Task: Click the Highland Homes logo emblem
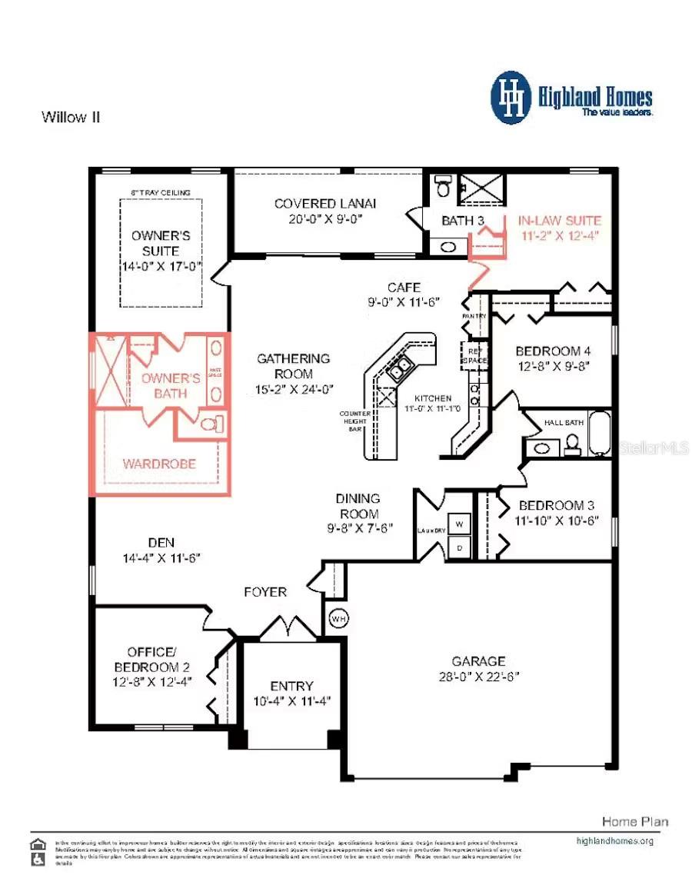coord(511,98)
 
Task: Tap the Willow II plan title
coord(71,118)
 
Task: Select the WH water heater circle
coord(338,617)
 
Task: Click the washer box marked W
coord(459,524)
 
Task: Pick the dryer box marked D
coord(459,547)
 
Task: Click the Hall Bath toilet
coord(572,444)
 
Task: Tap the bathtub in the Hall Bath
coord(600,434)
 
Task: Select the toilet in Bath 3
coord(443,187)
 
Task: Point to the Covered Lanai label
coord(325,204)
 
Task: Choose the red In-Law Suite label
coord(558,220)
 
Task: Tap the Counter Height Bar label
coord(354,421)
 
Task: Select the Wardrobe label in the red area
coord(159,464)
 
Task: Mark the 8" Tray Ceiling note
coord(161,192)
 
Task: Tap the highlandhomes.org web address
coord(614,840)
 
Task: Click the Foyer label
coord(265,592)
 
